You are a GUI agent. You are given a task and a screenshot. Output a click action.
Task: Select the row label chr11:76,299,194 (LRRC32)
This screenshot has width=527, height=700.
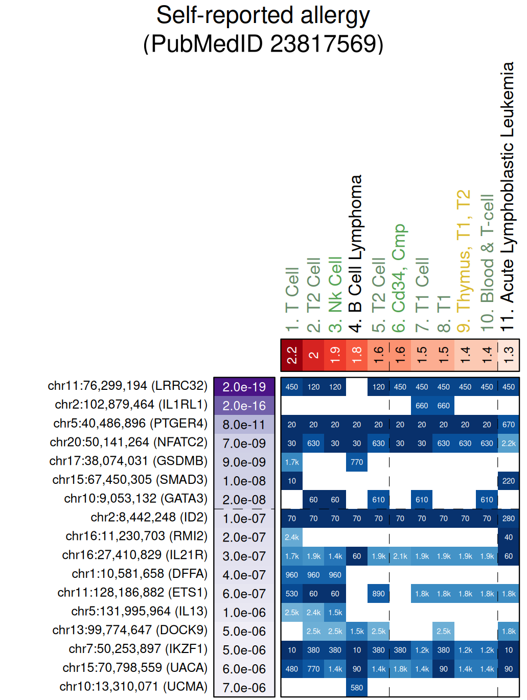[x=127, y=386]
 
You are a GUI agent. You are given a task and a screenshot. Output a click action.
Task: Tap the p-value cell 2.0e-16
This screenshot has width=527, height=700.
[x=244, y=406]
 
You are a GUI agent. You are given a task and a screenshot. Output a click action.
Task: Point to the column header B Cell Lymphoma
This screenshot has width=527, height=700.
[x=355, y=253]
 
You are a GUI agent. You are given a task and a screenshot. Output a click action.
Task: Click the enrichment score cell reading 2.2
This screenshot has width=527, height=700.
[x=292, y=355]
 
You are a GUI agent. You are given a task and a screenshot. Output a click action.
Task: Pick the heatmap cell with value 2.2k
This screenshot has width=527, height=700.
[x=509, y=444]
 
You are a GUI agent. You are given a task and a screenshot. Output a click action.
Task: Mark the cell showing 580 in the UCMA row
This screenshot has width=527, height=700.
[x=357, y=688]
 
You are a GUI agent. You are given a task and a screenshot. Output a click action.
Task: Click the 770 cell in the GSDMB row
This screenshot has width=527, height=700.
[x=357, y=462]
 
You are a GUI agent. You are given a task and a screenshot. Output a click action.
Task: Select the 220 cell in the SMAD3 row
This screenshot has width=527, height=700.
[x=509, y=481]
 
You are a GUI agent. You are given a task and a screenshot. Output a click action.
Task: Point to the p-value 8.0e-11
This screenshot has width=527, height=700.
[x=244, y=425]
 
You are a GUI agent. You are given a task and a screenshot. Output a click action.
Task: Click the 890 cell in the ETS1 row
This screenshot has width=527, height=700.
[x=379, y=594]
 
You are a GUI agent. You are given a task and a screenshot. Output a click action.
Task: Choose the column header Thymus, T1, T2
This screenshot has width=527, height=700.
[x=463, y=261]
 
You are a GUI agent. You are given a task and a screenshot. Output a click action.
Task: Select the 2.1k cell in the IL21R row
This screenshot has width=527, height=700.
[x=400, y=556]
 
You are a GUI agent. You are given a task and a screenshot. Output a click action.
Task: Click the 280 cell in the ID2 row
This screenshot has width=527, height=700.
[x=509, y=519]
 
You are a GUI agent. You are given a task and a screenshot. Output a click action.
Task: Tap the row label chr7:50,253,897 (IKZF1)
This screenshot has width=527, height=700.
[x=138, y=649]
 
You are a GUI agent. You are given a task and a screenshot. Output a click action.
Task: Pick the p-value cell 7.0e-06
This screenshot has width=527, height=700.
[x=244, y=688]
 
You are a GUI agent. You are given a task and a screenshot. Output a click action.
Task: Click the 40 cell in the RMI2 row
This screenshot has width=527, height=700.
[x=509, y=538]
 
